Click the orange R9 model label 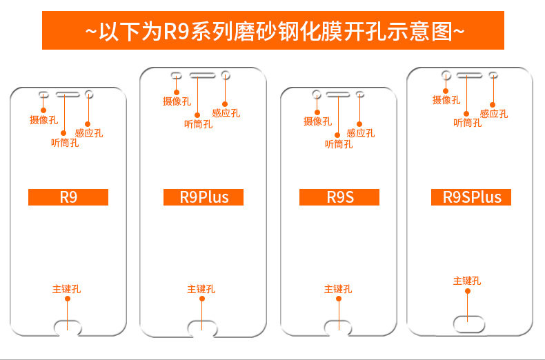point(68,197)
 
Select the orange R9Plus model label point(204,197)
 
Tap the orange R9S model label point(339,197)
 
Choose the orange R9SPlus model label point(472,197)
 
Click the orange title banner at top point(272,30)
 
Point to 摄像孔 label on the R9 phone point(43,120)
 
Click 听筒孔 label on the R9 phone point(65,143)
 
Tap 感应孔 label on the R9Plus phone point(226,113)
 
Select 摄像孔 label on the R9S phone point(317,121)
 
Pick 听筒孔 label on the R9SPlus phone point(467,123)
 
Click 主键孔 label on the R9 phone point(66,289)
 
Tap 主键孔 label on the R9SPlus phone point(467,281)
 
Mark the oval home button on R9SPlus point(468,321)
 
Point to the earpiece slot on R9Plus point(201,74)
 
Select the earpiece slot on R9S point(338,93)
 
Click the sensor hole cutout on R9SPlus point(493,74)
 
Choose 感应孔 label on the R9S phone point(361,133)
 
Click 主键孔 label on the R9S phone point(338,289)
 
